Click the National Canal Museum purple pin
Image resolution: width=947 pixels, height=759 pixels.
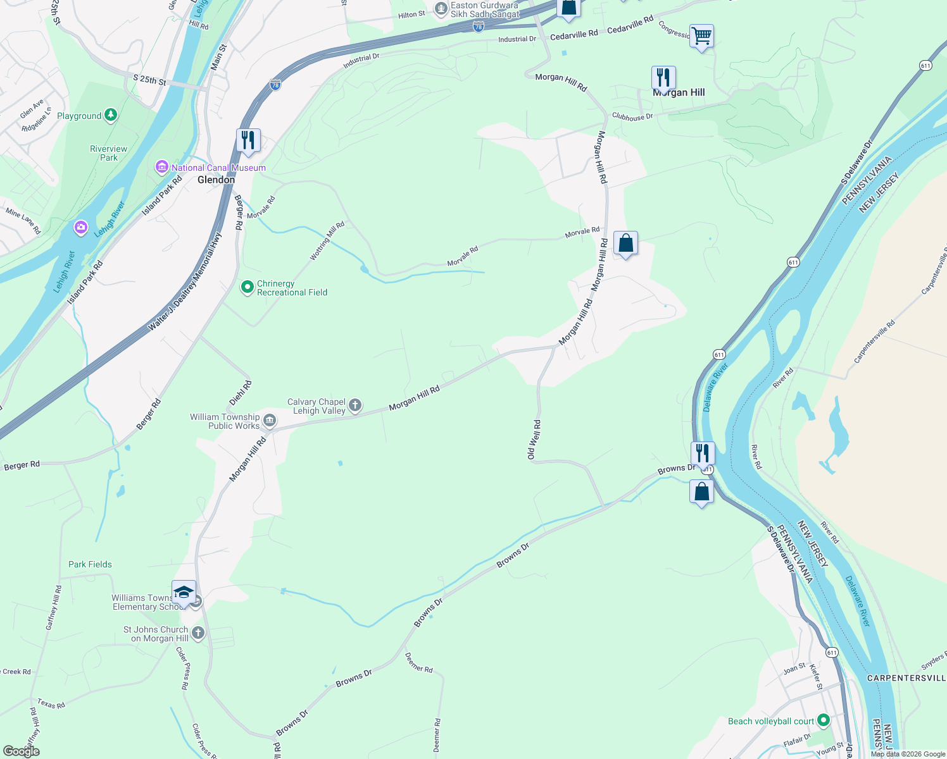(161, 168)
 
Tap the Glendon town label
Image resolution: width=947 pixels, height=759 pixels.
(216, 180)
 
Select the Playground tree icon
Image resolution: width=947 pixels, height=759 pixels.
(111, 115)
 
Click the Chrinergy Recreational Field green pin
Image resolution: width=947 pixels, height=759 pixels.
(248, 288)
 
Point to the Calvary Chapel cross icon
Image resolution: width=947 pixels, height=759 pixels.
(355, 405)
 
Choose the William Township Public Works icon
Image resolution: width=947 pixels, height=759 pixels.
(270, 421)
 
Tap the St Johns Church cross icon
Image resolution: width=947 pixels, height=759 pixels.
(198, 632)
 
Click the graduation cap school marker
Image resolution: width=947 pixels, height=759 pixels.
(184, 593)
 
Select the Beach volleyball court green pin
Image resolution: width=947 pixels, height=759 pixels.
(823, 720)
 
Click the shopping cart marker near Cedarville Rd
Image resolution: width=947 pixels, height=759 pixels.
(701, 36)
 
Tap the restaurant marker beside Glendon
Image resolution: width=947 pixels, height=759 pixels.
(248, 140)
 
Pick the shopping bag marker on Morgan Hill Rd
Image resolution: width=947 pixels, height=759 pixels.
(625, 243)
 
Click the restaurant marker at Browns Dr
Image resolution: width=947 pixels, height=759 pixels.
(702, 453)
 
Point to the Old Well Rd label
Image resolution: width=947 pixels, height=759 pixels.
(534, 440)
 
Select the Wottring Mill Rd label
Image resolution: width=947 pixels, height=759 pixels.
(327, 241)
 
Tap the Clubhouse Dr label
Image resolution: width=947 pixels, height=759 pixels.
(632, 116)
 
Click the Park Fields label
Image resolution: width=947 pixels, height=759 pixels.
(90, 564)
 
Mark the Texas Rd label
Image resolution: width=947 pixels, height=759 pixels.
(51, 703)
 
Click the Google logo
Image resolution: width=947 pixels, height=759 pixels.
(22, 751)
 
